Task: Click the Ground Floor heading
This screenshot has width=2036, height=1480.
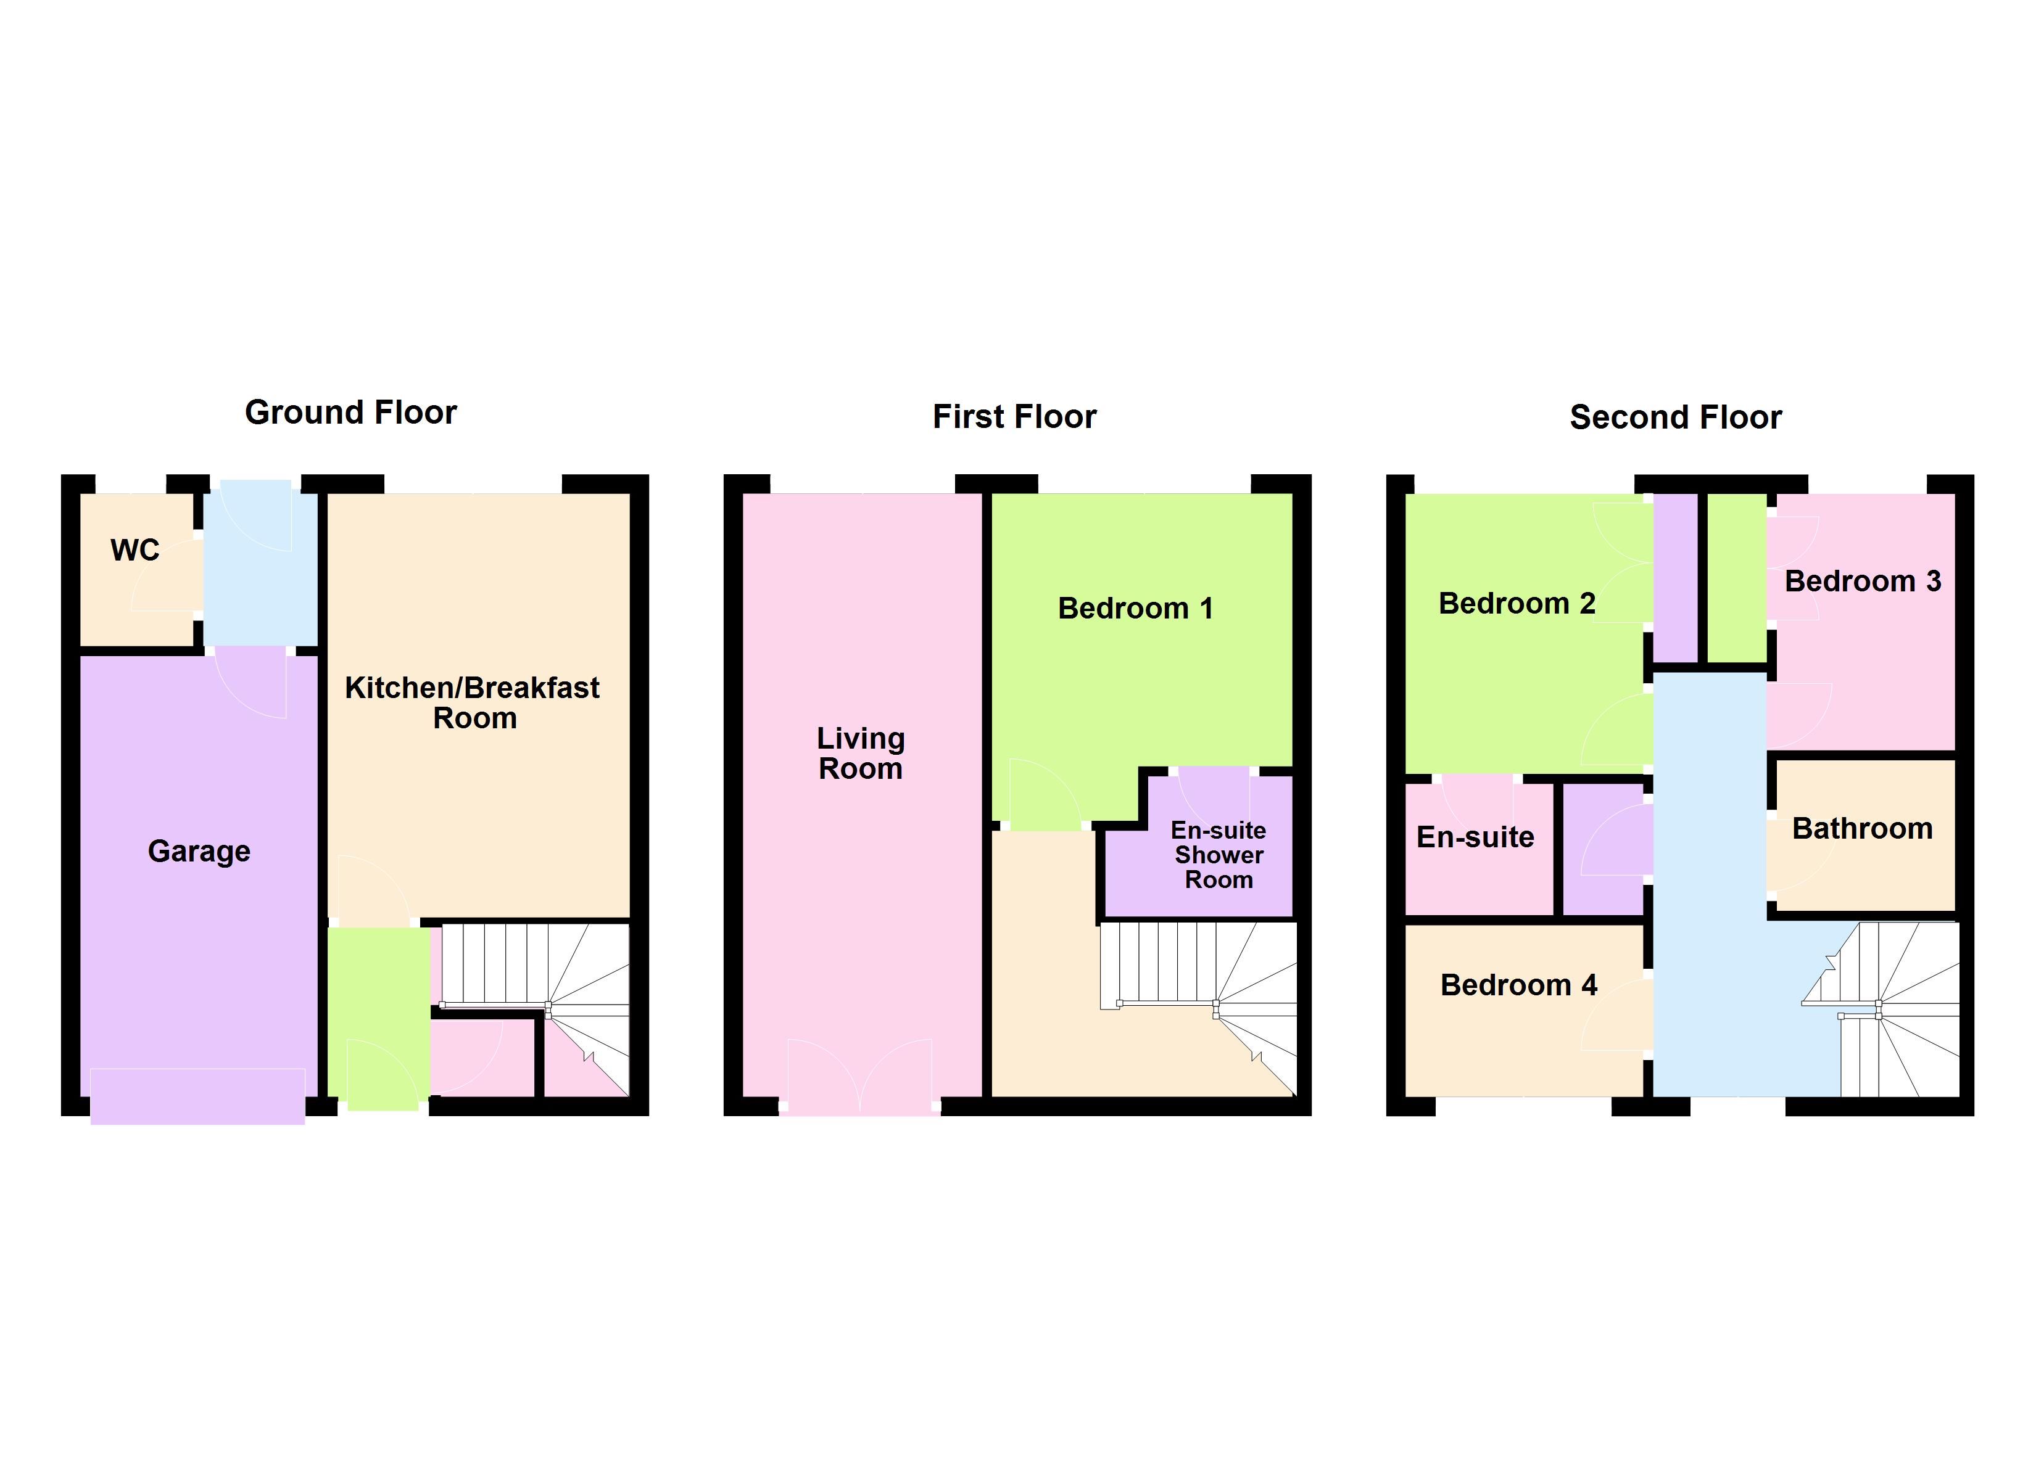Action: point(351,412)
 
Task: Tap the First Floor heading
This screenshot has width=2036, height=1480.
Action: point(1014,416)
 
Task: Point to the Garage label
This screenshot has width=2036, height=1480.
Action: point(199,851)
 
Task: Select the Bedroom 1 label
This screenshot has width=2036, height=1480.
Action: point(1136,609)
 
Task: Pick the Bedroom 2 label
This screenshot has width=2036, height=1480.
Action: point(1517,603)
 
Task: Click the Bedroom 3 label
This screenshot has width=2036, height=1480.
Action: point(1863,581)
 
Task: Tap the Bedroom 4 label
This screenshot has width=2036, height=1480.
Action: point(1519,985)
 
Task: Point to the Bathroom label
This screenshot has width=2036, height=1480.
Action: point(1863,828)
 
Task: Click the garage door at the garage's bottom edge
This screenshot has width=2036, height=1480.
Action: point(197,1096)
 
